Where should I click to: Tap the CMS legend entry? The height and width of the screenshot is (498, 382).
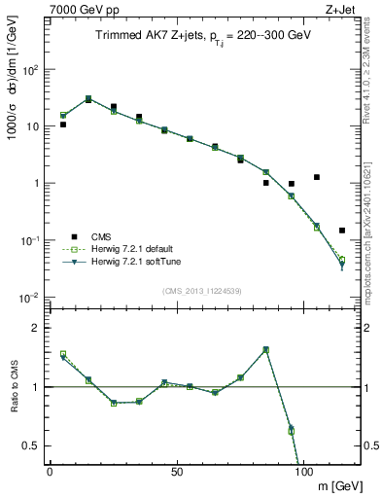point(102,236)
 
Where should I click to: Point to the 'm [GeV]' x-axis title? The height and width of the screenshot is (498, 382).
point(338,485)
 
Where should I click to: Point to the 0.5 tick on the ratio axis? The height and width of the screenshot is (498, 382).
point(34,445)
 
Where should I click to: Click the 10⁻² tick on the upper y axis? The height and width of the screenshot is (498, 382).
point(32,297)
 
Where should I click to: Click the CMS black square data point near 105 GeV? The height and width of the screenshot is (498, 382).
point(317,177)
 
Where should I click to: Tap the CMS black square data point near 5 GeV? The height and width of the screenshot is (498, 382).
point(63,124)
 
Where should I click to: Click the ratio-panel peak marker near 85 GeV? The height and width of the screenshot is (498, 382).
point(265,349)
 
